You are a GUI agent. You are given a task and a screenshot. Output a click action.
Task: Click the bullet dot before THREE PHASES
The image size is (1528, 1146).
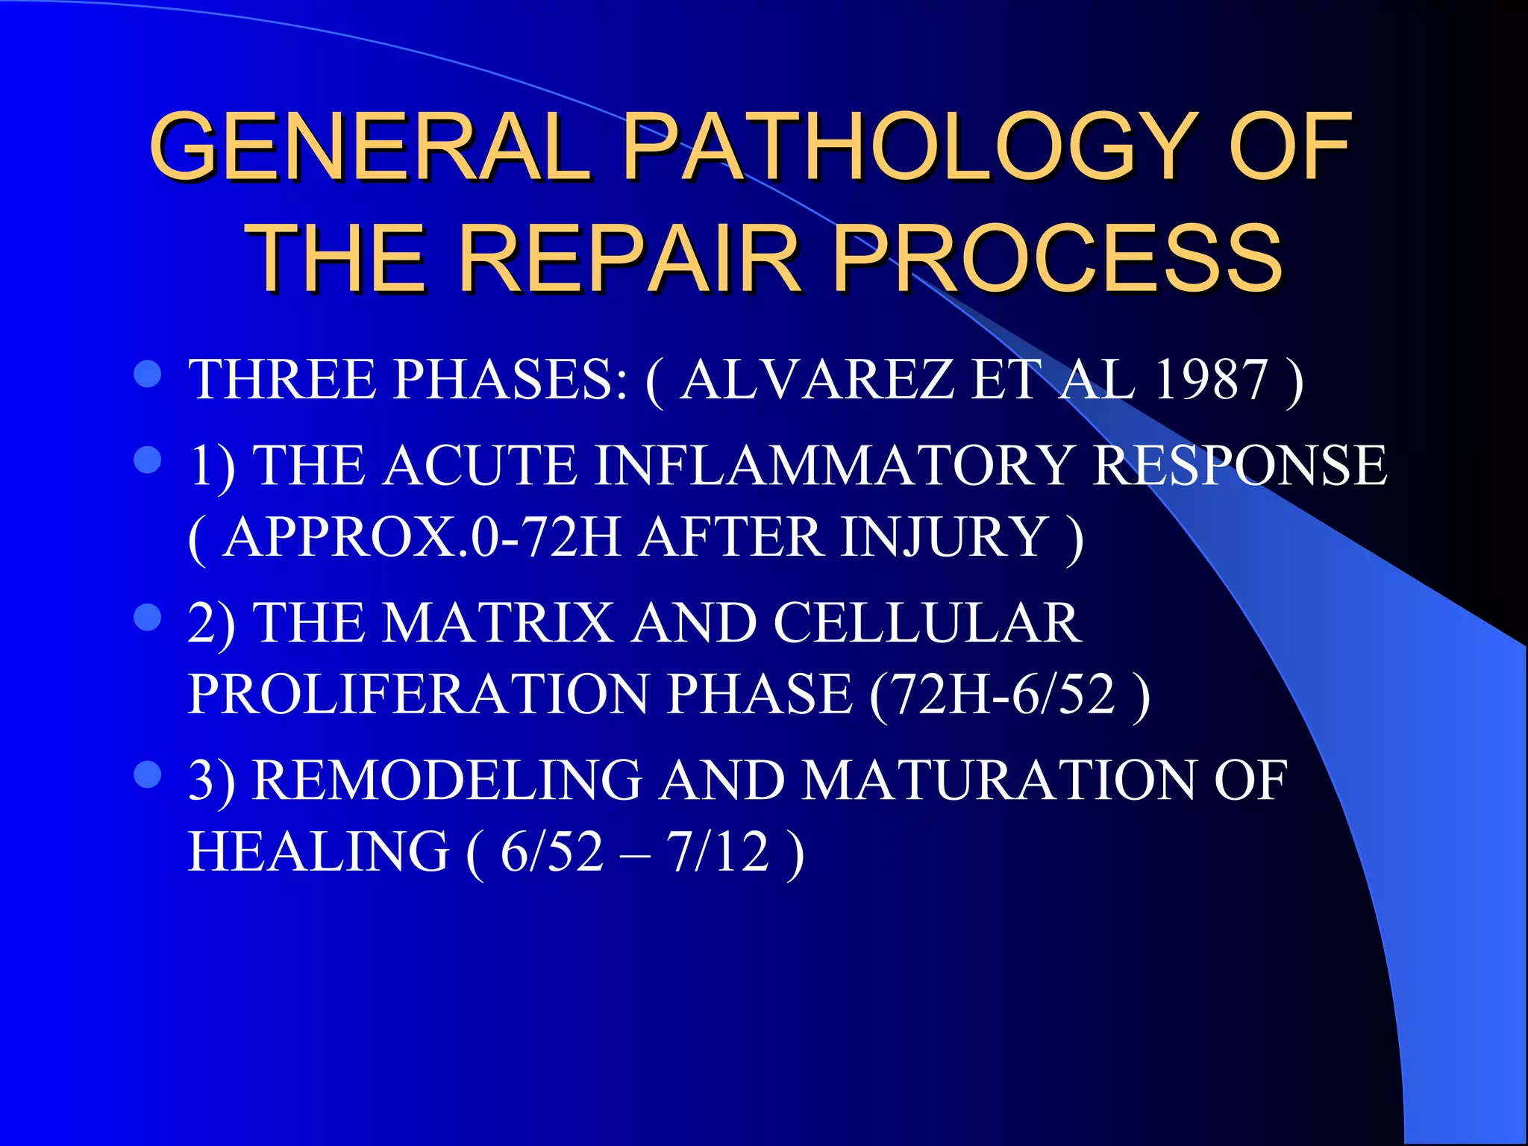(x=148, y=375)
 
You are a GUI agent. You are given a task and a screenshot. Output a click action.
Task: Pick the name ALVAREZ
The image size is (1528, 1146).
(x=816, y=379)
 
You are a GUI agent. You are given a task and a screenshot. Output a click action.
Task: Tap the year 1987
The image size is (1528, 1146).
(x=1210, y=379)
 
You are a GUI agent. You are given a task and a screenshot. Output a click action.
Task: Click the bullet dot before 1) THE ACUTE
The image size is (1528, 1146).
(x=148, y=460)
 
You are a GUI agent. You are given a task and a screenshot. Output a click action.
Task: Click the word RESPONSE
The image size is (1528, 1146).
(x=1239, y=465)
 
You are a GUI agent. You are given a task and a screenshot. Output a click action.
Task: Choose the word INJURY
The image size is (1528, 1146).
(x=945, y=536)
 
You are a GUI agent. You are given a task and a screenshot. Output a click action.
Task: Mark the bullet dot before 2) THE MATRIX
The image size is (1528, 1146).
(x=148, y=618)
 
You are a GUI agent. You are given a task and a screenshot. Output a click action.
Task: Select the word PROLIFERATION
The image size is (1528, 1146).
(x=419, y=694)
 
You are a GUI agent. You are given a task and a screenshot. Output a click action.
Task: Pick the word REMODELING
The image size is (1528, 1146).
(x=447, y=780)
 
